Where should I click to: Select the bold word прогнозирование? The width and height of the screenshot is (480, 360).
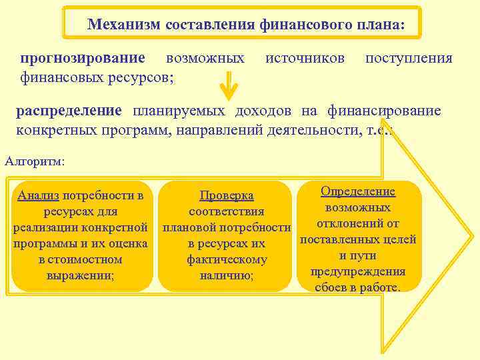coord(80,59)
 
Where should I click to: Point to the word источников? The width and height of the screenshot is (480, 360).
coord(305,59)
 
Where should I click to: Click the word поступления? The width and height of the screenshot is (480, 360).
coord(409,59)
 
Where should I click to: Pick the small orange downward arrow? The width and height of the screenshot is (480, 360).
coord(229,85)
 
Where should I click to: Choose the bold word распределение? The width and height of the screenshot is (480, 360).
coord(69,110)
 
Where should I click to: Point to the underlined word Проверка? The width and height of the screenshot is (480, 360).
coord(227,195)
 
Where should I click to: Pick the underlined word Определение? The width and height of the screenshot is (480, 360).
coord(358,191)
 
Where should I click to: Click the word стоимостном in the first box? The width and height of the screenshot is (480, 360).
coord(81,259)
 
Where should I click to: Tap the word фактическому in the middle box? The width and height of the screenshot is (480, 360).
coord(227,259)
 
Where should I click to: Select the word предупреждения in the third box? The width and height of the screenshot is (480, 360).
coord(358,271)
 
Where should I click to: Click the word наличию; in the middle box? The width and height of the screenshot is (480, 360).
coord(227,275)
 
